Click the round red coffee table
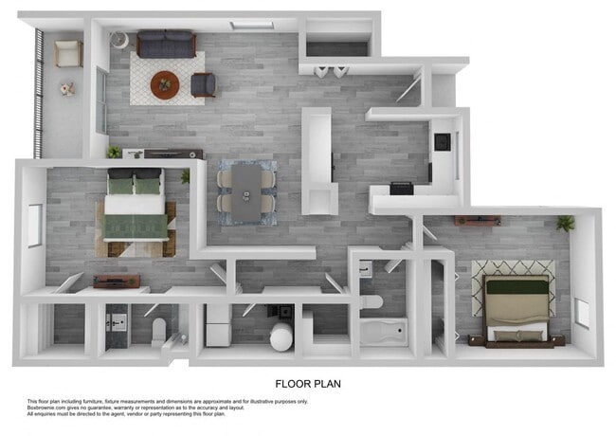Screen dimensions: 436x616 click(x=165, y=83)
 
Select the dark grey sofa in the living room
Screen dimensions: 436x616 click(x=166, y=44)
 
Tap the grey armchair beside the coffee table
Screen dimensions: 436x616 click(x=203, y=84)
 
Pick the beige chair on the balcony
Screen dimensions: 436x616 click(x=67, y=54)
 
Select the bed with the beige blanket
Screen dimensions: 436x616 click(x=517, y=308)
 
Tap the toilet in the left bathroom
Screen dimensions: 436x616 click(x=159, y=330)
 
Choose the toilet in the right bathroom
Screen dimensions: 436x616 click(x=372, y=302)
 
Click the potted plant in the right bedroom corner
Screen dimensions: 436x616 click(x=566, y=224)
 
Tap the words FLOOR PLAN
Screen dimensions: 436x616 click(x=308, y=385)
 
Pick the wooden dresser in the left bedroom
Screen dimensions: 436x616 click(x=117, y=281)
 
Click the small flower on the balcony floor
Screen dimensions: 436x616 click(x=66, y=89)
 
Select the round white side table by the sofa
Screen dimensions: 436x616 click(x=120, y=40)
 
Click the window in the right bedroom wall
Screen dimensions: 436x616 click(x=582, y=314)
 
